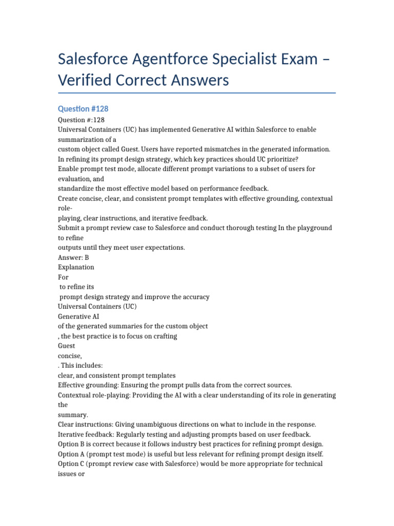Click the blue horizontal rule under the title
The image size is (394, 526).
[x=197, y=93]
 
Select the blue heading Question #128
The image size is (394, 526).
[x=83, y=109]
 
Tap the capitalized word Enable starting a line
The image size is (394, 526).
[x=70, y=168]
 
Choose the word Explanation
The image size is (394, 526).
[x=76, y=267]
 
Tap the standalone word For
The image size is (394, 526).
[x=63, y=277]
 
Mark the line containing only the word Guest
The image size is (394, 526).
[x=67, y=346]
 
